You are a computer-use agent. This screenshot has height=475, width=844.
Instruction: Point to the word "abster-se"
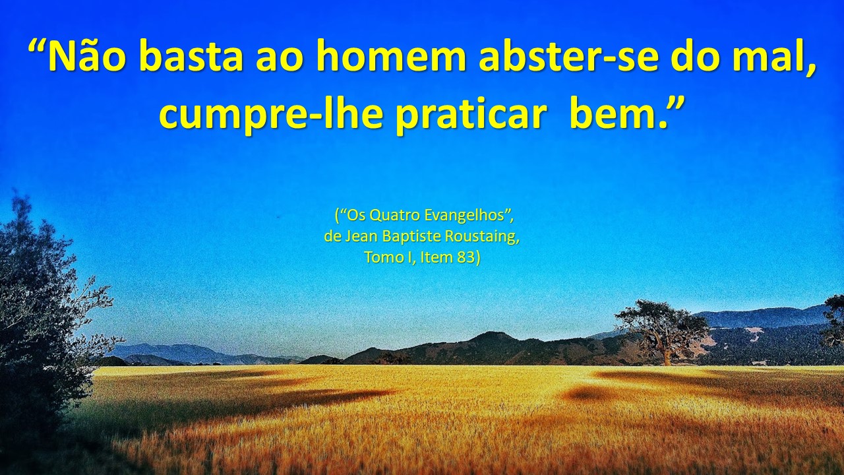[x=569, y=57]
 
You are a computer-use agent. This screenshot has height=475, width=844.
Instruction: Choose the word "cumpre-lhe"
[x=271, y=113]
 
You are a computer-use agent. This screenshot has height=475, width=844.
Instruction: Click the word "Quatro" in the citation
[x=395, y=215]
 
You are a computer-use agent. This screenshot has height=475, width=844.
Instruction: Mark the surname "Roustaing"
[x=480, y=237]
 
